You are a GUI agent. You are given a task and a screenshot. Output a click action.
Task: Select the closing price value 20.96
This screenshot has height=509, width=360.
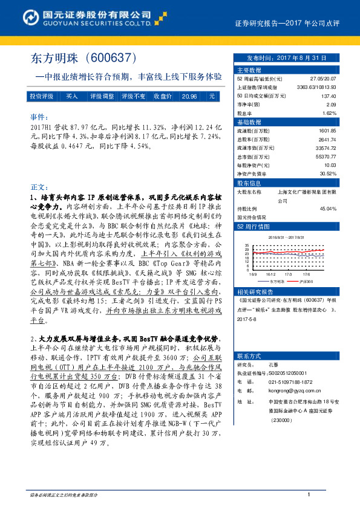pyautogui.click(x=189, y=96)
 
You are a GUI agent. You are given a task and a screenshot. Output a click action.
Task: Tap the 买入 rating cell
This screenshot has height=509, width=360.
pyautogui.click(x=72, y=96)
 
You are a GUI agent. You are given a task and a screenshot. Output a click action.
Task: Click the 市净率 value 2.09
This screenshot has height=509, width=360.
pyautogui.click(x=331, y=105)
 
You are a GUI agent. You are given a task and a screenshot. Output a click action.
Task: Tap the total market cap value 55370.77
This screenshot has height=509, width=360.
pyautogui.click(x=325, y=156)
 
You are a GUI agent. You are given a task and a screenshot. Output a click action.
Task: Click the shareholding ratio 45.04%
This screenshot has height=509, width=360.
pyautogui.click(x=327, y=208)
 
